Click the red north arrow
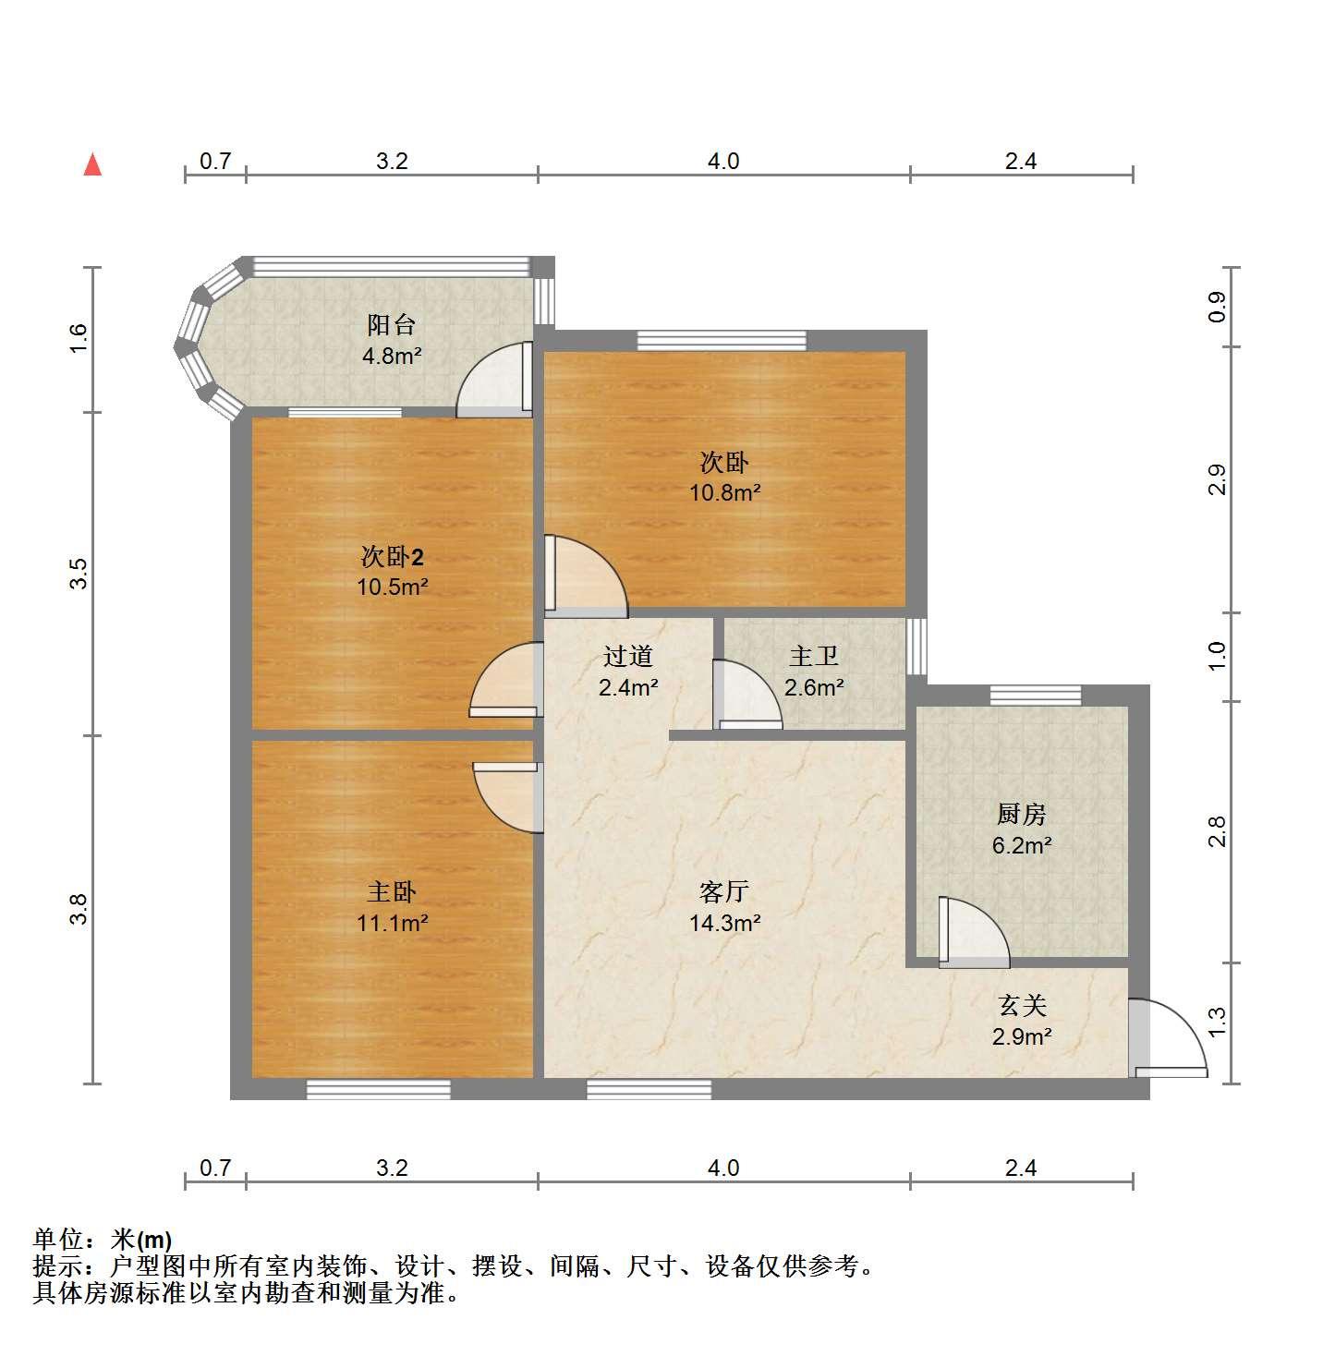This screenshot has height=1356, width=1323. point(92,165)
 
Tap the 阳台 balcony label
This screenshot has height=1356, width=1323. point(391,325)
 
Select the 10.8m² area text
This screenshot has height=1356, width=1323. point(724,492)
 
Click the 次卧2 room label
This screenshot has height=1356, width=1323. point(392,556)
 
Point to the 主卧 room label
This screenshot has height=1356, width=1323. point(392,892)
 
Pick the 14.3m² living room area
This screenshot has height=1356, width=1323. point(724,923)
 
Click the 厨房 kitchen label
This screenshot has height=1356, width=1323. point(1021,814)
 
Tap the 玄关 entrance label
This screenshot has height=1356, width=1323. point(1022,1006)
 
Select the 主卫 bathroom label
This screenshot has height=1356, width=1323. point(813,656)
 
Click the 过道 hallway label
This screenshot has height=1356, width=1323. point(628,656)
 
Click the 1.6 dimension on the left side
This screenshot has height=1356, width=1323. point(79,339)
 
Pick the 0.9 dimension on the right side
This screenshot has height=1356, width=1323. point(1217,307)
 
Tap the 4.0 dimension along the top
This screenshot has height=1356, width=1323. point(723,161)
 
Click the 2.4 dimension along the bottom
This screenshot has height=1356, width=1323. point(1021,1168)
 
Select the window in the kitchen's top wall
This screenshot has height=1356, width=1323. point(1035,695)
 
